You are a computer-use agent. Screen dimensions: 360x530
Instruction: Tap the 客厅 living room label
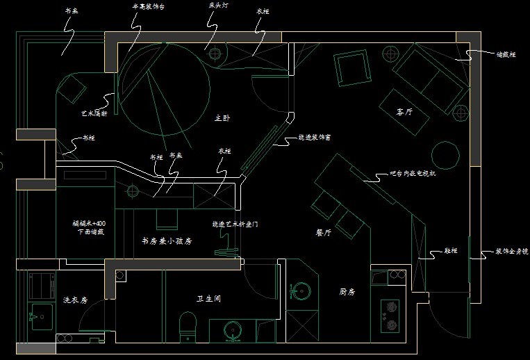(x=404, y=111)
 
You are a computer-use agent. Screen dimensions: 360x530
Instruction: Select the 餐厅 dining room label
(x=323, y=234)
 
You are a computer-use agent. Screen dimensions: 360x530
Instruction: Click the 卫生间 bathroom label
(x=208, y=299)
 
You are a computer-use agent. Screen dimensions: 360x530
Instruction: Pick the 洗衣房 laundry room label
(x=75, y=300)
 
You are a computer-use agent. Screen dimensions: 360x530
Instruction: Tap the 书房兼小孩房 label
(x=166, y=241)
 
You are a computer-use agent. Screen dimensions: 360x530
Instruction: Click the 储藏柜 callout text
(x=506, y=54)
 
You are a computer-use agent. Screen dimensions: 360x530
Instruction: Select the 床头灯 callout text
(x=218, y=6)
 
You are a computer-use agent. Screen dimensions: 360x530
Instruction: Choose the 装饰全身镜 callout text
(x=511, y=250)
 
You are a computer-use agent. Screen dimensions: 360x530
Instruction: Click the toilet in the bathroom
(x=187, y=326)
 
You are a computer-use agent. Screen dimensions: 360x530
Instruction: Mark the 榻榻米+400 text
(x=88, y=224)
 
